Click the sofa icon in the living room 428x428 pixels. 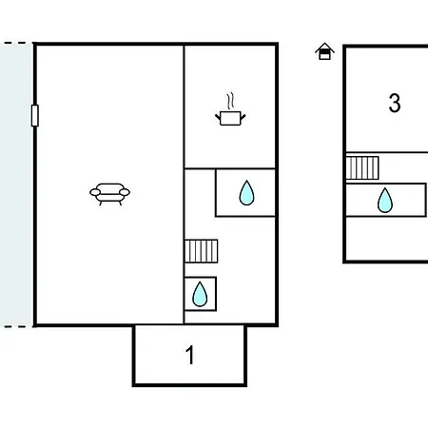109,194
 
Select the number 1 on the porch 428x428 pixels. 189,355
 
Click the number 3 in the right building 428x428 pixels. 395,103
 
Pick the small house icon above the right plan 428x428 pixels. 324,51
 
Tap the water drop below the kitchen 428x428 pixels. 246,193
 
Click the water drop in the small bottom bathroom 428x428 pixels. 200,294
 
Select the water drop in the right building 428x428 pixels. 385,200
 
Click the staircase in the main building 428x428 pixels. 201,251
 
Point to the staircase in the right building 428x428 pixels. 362,167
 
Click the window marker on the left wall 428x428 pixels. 35,116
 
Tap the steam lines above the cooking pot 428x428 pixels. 230,101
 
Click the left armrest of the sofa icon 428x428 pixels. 95,192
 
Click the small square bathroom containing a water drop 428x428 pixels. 201,294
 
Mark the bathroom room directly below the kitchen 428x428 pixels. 245,193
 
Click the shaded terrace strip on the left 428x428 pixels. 16,185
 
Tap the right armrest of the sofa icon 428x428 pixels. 125,192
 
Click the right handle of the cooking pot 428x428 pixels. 243,116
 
